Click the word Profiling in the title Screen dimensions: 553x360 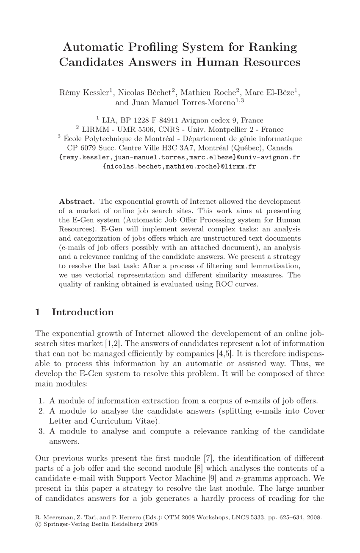[x=154, y=47]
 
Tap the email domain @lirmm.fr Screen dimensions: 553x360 [x=238, y=167]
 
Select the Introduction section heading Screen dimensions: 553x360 [x=83, y=312]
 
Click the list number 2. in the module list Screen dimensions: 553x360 [x=42, y=411]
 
